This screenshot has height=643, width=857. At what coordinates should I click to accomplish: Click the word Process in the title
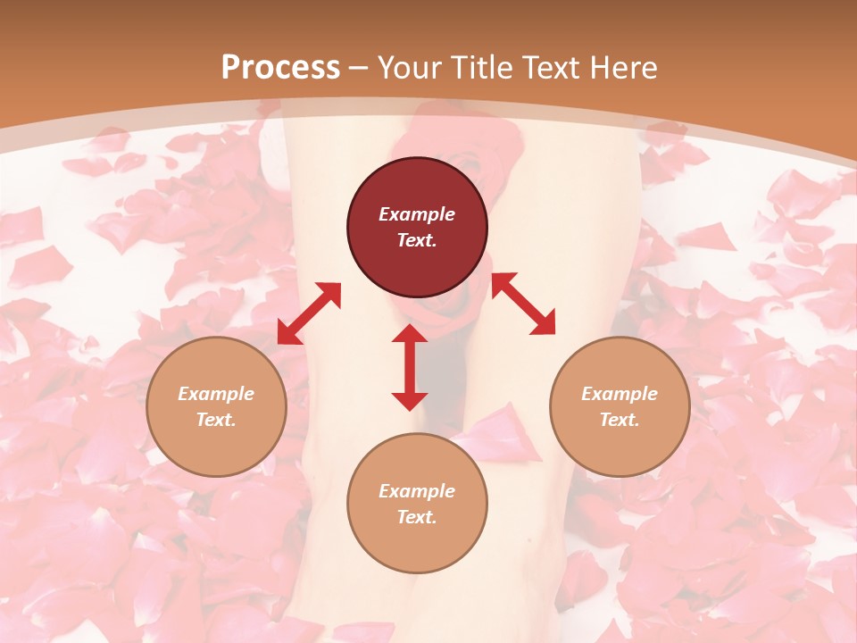click(280, 68)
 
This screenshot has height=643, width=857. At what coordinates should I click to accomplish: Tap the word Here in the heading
click(622, 68)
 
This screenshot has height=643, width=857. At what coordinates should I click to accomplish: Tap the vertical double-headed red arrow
click(410, 367)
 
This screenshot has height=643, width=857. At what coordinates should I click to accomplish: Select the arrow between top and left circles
click(309, 313)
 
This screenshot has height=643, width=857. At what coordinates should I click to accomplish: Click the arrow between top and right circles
click(524, 304)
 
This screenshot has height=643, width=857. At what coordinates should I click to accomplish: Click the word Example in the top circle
click(417, 214)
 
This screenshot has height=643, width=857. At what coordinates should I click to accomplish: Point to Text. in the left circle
click(216, 420)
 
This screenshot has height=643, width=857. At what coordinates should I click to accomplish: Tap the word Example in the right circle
click(620, 394)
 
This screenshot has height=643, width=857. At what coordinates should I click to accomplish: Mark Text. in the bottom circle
click(417, 517)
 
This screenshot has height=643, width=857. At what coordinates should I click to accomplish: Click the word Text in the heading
click(552, 68)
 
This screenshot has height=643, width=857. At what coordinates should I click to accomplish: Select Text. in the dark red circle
click(417, 240)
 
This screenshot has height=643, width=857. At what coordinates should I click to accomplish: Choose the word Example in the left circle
click(216, 394)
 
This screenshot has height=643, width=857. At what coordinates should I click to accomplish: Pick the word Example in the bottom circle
click(417, 491)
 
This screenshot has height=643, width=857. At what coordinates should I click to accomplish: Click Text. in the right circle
click(620, 420)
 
